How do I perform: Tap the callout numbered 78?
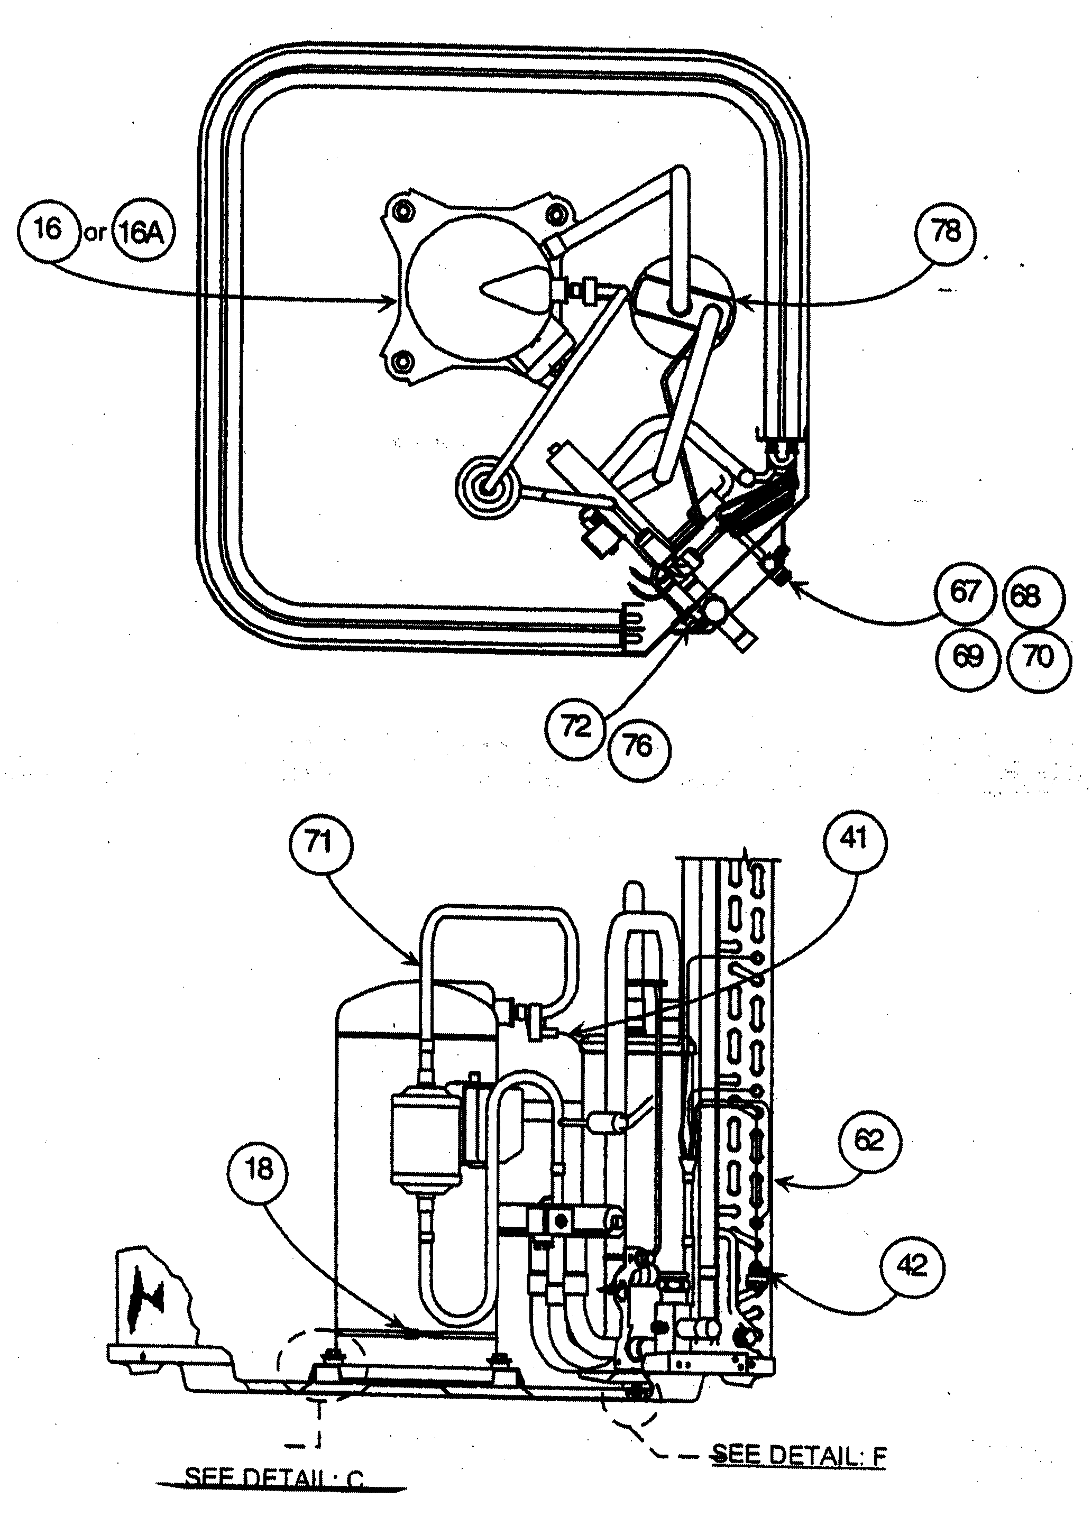(x=946, y=232)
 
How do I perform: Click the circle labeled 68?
(x=1026, y=596)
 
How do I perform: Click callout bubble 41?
(x=854, y=840)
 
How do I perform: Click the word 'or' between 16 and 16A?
(x=96, y=233)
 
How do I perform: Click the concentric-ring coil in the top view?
(x=488, y=487)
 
